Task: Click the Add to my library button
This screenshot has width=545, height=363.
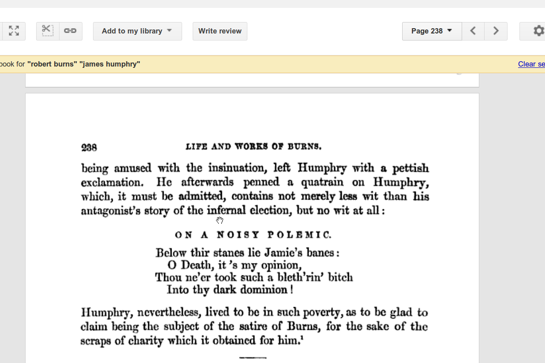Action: click(137, 31)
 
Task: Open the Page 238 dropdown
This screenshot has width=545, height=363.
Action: click(432, 31)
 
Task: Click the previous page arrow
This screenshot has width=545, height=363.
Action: click(473, 31)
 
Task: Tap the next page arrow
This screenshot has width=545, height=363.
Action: click(496, 31)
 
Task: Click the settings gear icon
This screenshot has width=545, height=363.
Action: click(538, 31)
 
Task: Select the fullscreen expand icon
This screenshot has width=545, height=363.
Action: click(14, 31)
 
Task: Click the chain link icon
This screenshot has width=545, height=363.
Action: click(71, 31)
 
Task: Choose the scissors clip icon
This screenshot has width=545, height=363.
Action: click(47, 31)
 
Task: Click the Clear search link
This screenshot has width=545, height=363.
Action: click(531, 64)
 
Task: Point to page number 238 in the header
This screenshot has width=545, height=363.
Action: click(89, 148)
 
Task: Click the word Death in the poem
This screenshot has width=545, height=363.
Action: click(196, 265)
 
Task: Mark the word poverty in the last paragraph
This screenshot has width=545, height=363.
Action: click(322, 313)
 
